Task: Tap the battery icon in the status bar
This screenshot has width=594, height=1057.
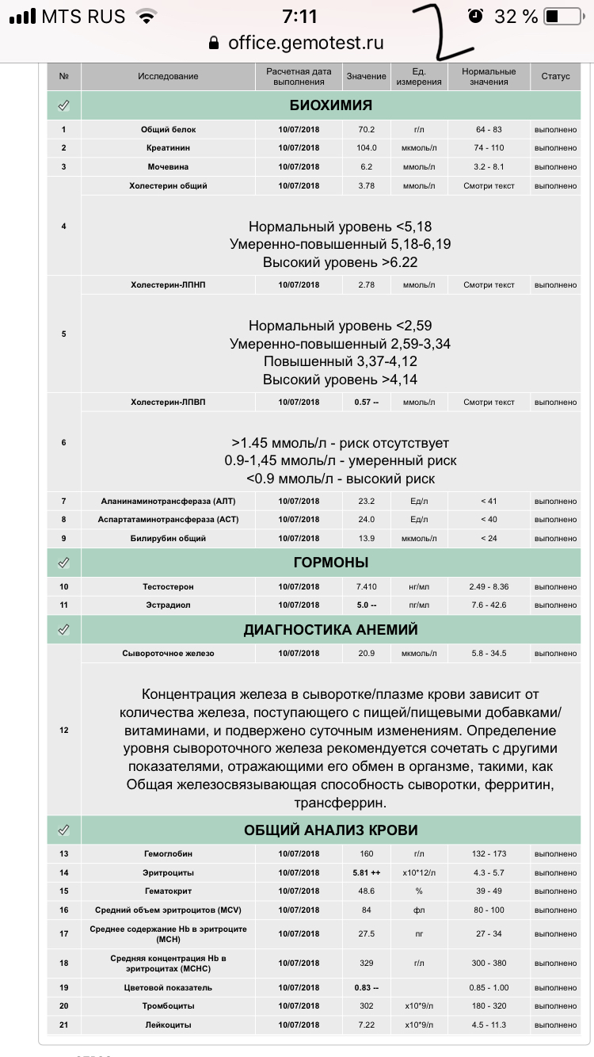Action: [x=562, y=16]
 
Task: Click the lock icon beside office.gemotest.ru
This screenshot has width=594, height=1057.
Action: [x=213, y=43]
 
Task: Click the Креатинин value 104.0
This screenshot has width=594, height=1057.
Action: [x=367, y=148]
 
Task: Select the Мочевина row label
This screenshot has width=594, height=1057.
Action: [x=168, y=167]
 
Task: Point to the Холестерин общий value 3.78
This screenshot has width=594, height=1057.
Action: [x=367, y=186]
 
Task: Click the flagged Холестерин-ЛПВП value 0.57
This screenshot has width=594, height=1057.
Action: [x=367, y=403]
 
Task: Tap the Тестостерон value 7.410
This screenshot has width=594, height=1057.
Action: [x=367, y=586]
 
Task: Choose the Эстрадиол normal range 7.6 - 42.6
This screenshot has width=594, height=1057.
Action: [x=489, y=605]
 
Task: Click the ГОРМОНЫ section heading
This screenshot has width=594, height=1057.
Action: [x=330, y=563]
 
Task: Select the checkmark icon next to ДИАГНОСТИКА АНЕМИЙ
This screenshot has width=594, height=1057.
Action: [x=64, y=630]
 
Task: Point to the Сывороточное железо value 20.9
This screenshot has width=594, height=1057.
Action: [x=367, y=654]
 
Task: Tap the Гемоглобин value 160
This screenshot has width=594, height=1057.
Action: [x=367, y=854]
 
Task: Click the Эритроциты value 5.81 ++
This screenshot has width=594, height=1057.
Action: [x=367, y=872]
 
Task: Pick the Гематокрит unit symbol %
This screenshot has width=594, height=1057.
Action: [x=420, y=891]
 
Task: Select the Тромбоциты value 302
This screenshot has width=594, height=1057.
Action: [x=367, y=1006]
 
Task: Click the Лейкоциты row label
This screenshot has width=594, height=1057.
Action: [x=168, y=1025]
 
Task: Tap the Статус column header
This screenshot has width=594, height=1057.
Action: [x=555, y=77]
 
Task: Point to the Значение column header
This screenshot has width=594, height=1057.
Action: [x=367, y=77]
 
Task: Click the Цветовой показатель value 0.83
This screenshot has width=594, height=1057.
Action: [x=367, y=988]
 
